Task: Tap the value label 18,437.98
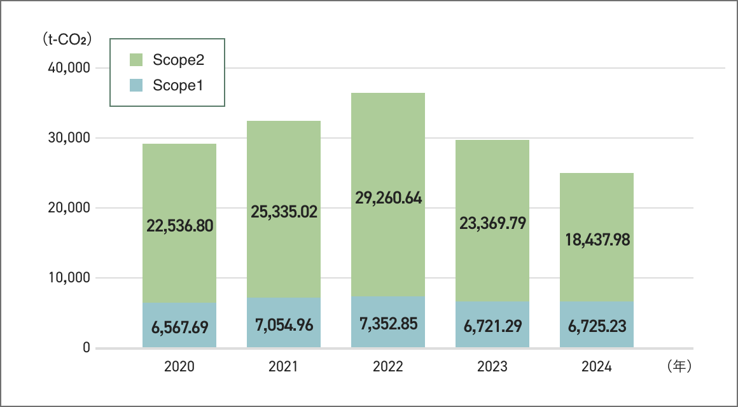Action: point(597,240)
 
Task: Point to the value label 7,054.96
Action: point(284,326)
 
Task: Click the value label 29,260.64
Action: point(388,198)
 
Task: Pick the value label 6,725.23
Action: point(597,326)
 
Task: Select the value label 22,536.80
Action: point(179,225)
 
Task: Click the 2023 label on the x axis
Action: point(492,367)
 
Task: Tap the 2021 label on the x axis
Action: point(284,367)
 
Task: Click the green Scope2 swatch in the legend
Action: point(136,60)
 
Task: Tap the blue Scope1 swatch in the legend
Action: point(136,85)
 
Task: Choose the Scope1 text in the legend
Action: point(178,85)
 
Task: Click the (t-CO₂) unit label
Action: point(66,39)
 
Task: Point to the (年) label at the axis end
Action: point(679,367)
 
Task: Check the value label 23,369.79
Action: point(492,224)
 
